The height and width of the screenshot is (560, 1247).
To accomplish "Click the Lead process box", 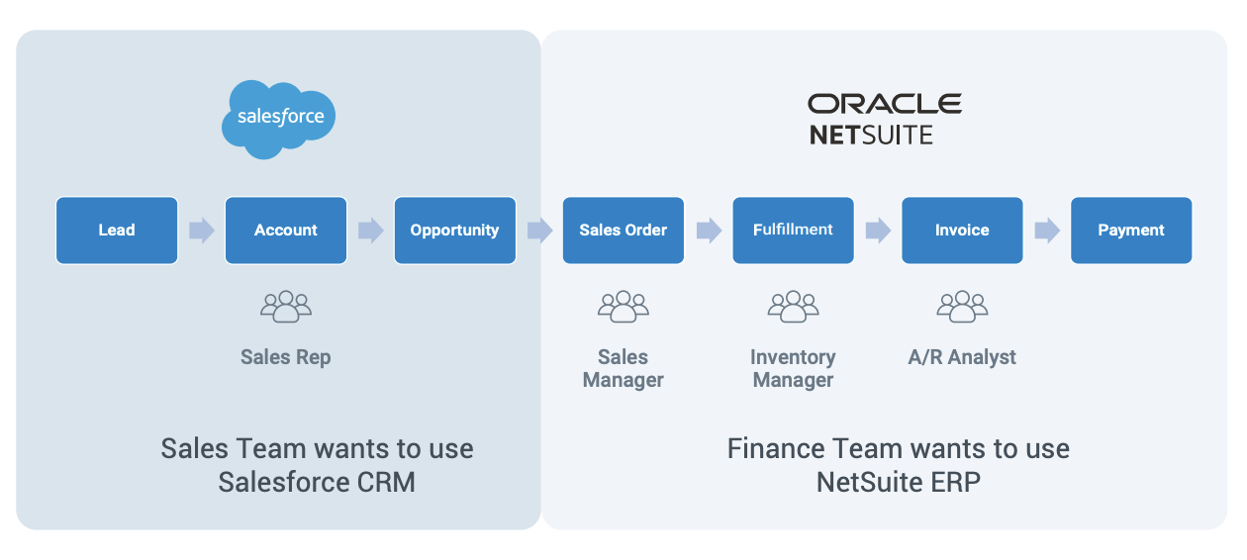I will click(x=117, y=231).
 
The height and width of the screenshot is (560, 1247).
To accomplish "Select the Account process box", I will click(x=286, y=231).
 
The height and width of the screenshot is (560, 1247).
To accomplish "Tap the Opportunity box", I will click(x=455, y=231).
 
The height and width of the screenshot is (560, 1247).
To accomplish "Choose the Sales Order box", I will click(x=623, y=231).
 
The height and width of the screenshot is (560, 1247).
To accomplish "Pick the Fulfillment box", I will click(x=793, y=231).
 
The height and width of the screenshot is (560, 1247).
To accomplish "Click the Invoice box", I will click(x=962, y=231).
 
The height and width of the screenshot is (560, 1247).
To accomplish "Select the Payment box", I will click(x=1131, y=231).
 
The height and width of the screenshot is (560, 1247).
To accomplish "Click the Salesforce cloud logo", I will click(x=278, y=118).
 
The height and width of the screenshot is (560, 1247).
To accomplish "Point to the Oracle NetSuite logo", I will click(x=884, y=119).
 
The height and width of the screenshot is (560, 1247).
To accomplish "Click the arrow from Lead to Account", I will click(x=202, y=231).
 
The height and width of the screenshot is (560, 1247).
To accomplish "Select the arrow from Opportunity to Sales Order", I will click(x=539, y=231).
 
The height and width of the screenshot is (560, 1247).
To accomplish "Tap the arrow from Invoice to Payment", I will click(x=1047, y=231).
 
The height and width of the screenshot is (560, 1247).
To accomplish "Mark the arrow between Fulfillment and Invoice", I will click(x=878, y=231).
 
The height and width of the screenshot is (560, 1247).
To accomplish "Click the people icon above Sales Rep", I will click(x=286, y=307).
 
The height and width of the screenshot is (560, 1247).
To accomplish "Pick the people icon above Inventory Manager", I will click(x=793, y=307).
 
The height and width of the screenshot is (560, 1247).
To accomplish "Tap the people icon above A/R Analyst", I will click(x=962, y=307).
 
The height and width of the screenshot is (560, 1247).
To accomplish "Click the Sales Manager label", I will click(x=623, y=368).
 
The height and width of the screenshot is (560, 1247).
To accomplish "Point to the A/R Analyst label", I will click(x=962, y=357).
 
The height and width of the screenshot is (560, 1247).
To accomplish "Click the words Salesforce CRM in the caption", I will click(x=317, y=482).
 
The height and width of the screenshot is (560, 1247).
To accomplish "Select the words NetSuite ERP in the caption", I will click(x=899, y=482).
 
